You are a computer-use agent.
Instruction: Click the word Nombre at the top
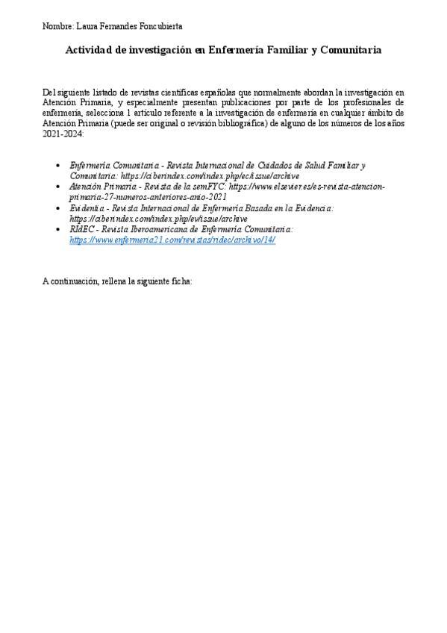(x=57, y=26)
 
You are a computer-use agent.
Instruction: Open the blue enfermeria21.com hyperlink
(x=172, y=241)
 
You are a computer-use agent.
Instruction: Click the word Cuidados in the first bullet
(x=263, y=163)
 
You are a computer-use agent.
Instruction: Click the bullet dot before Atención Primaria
(x=59, y=187)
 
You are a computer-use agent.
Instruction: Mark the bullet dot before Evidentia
(x=59, y=209)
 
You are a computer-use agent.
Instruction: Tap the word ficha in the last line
(x=180, y=283)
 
